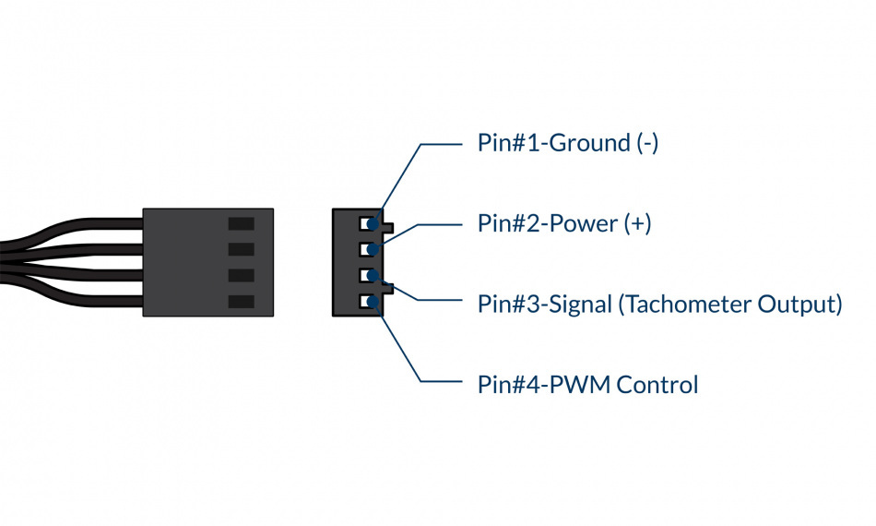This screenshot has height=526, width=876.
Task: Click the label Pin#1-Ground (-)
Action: [567, 143]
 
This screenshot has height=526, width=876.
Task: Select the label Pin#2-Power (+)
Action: [563, 223]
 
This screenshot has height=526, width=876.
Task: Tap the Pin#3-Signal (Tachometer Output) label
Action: [659, 304]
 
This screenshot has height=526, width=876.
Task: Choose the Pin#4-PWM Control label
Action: [587, 384]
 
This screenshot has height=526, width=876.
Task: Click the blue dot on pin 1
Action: [374, 223]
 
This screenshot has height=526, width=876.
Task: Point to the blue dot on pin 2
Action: [374, 249]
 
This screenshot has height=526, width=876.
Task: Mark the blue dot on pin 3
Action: [374, 275]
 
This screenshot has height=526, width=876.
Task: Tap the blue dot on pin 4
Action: [374, 301]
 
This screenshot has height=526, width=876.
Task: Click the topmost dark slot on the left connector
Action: [241, 223]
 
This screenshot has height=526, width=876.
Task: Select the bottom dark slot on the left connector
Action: [241, 302]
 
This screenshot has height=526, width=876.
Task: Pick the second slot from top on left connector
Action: [241, 249]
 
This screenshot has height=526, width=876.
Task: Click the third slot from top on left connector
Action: [241, 275]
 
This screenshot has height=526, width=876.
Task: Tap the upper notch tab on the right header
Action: [389, 227]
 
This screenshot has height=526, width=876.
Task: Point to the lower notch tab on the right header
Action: [389, 288]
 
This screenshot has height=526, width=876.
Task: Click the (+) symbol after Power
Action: [637, 223]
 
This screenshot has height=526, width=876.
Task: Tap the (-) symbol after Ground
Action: [646, 143]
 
